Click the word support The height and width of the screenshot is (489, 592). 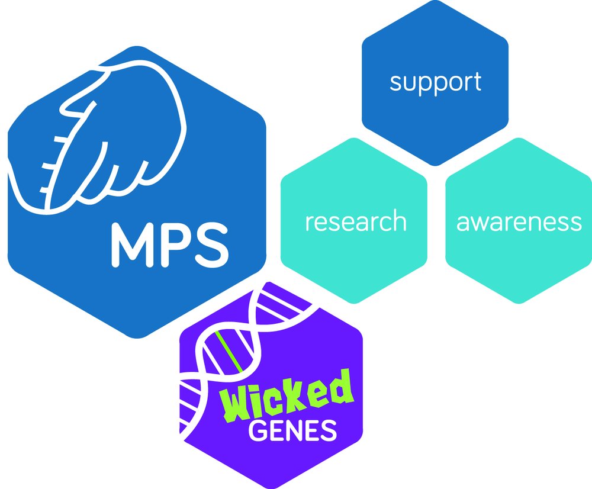coord(435,82)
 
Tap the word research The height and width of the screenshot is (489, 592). coord(355,221)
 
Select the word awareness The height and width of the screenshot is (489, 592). coord(519,221)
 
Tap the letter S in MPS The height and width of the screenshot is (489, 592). coord(209,244)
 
